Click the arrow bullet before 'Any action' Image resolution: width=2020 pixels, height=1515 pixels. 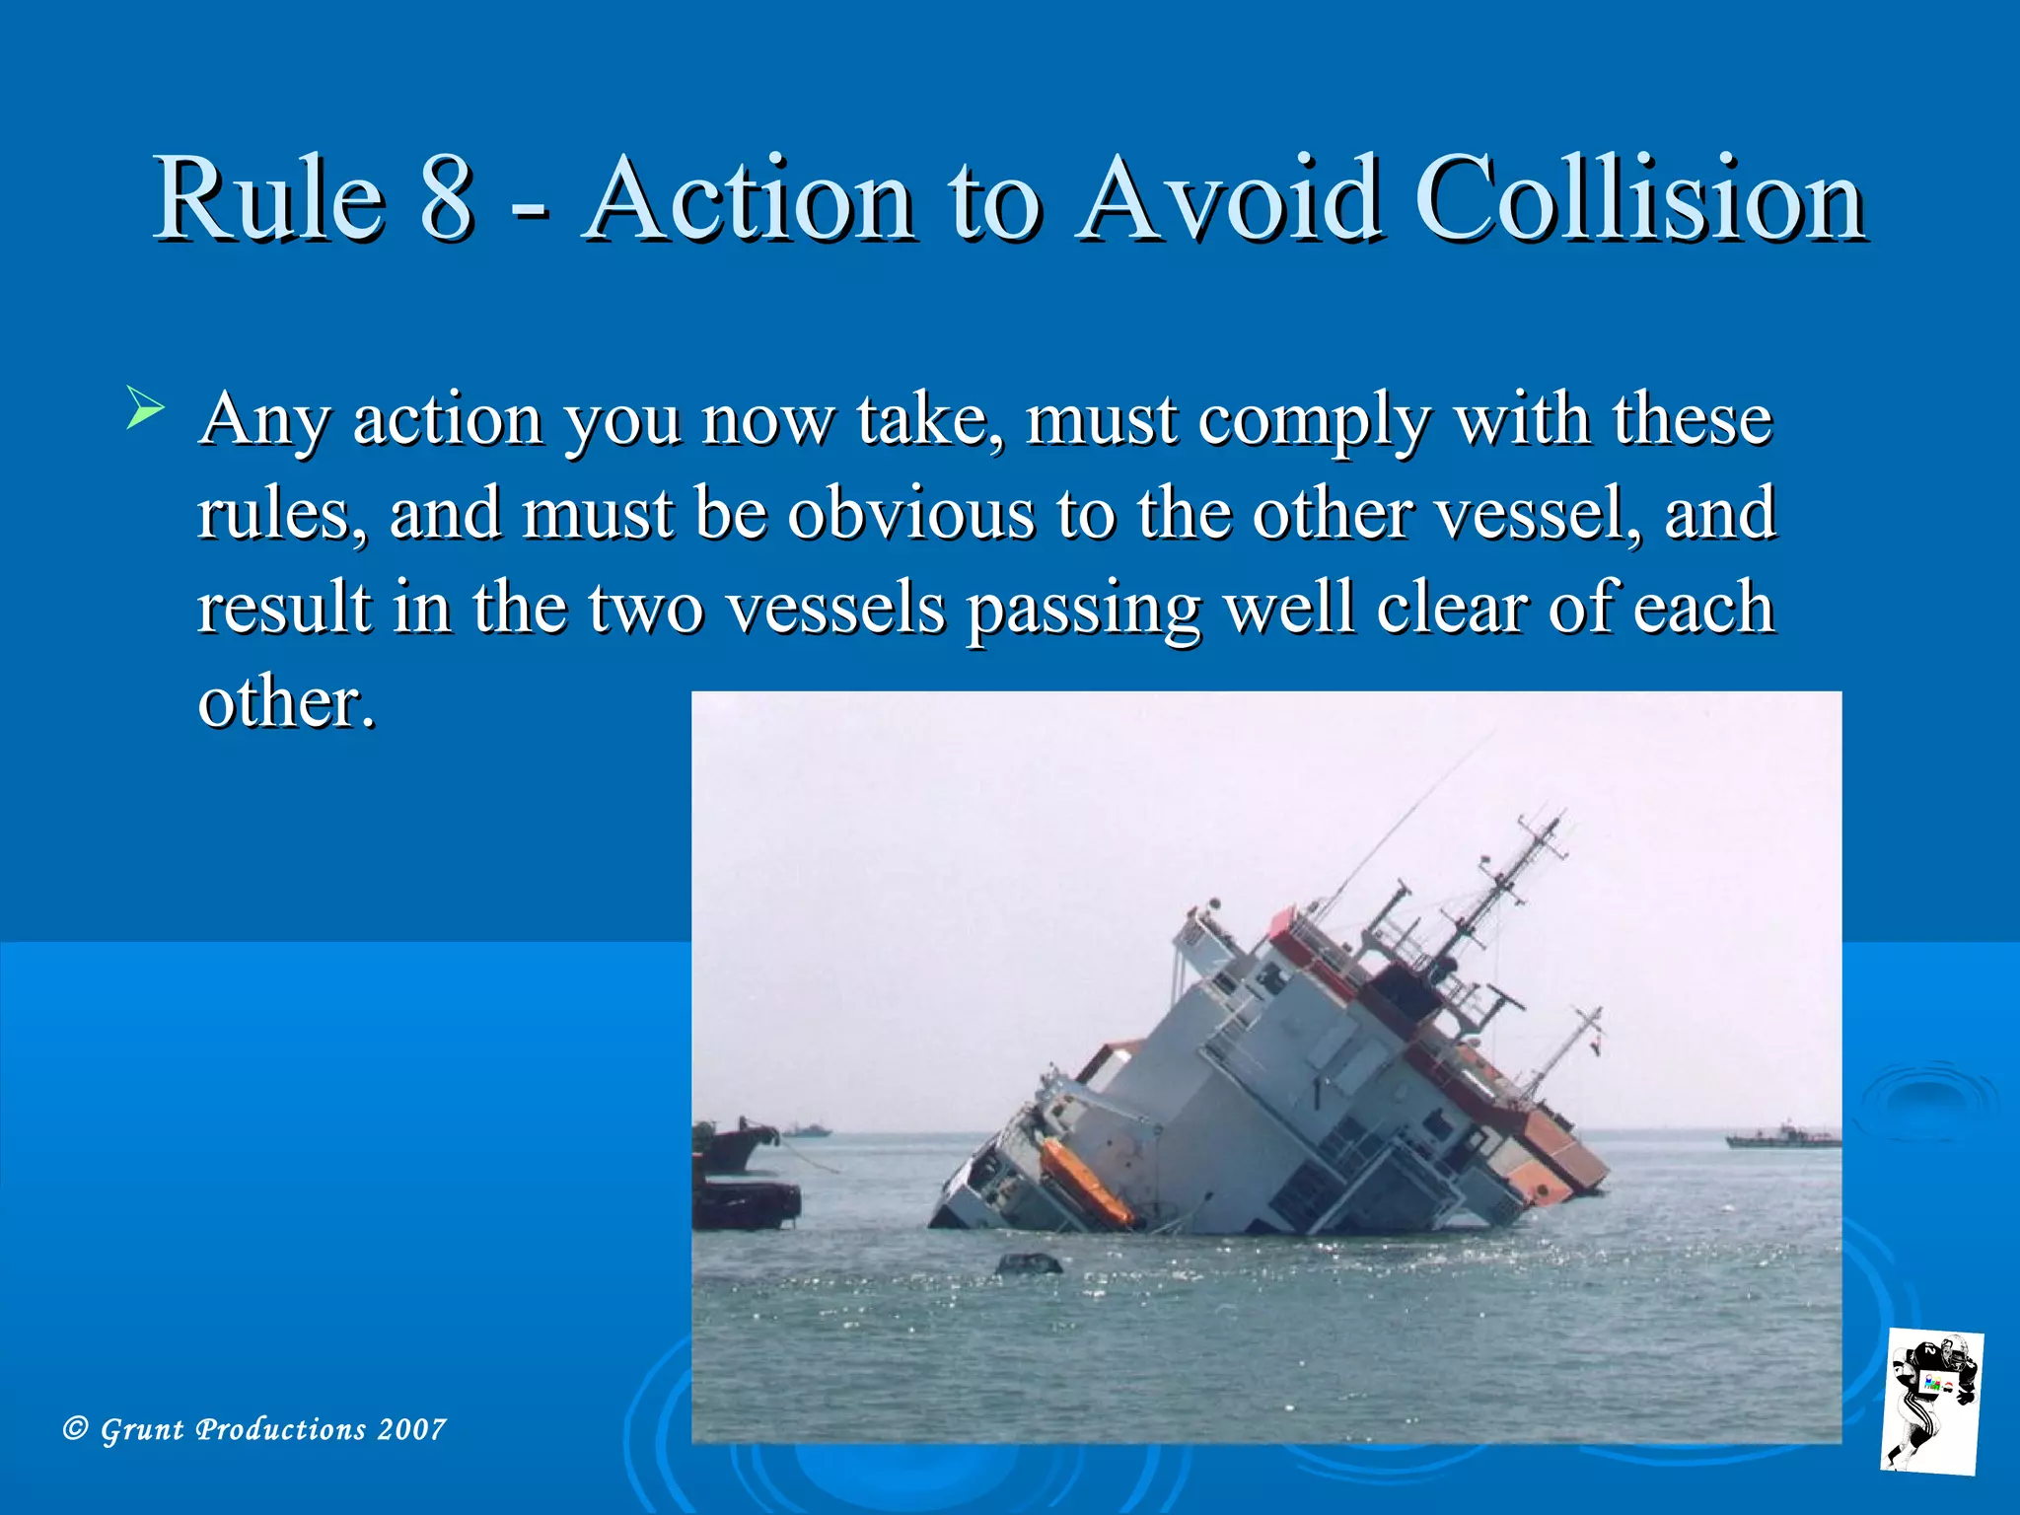coord(145,409)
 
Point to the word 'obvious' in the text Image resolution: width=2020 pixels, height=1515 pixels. coord(910,514)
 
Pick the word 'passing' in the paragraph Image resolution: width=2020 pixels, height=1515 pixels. coord(1083,609)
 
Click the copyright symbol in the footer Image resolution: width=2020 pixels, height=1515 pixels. coord(75,1428)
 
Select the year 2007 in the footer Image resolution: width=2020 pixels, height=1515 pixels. coord(412,1429)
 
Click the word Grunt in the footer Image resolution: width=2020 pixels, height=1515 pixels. coord(142,1429)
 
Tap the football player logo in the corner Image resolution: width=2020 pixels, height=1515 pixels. coord(1930,1402)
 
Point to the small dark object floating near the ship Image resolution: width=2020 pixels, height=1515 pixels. coord(1029,1263)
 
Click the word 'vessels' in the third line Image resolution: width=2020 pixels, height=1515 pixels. coord(835,609)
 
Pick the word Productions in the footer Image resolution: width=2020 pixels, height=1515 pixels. coord(281,1429)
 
